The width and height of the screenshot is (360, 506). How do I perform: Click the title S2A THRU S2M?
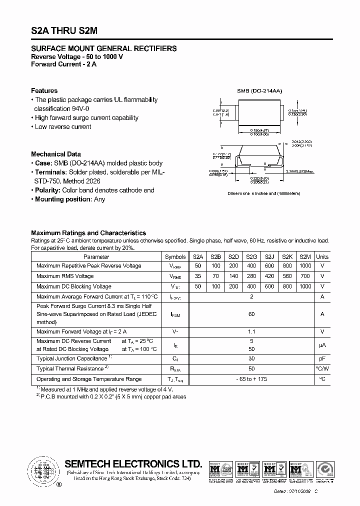pos(64,30)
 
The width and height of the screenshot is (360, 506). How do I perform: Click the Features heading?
pos(44,90)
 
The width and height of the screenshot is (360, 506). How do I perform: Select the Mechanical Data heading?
pos(55,154)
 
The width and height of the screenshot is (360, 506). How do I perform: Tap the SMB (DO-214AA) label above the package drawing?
pos(259,91)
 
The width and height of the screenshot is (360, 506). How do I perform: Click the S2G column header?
pos(251,256)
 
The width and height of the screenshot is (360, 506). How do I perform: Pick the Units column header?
pos(322,256)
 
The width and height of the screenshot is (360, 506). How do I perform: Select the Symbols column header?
pos(175,256)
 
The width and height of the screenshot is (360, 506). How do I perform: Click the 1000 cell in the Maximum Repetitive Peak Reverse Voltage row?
pos(305,266)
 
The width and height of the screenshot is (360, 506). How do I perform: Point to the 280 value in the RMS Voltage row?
pos(251,276)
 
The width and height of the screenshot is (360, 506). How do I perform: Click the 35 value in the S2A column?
pos(197,276)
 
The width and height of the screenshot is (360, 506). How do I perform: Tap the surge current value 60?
pos(251,314)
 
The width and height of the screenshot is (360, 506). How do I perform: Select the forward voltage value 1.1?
pos(251,331)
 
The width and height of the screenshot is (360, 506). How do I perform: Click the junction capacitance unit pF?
pos(322,358)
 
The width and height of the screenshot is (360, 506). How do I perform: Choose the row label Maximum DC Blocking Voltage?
pos(74,286)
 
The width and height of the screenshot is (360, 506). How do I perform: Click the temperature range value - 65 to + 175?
pos(251,379)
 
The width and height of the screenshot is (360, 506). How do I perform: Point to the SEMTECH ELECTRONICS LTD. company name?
pos(134,463)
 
